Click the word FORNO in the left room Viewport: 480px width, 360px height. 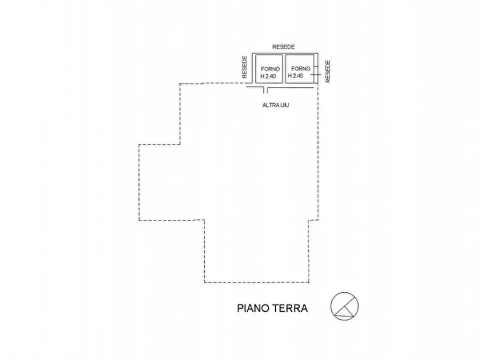coord(270,69)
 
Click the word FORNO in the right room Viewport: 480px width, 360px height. coord(300,69)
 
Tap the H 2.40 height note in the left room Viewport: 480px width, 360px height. coord(268,76)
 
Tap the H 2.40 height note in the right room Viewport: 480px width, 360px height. coord(296,76)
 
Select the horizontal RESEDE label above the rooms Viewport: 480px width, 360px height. coord(283,47)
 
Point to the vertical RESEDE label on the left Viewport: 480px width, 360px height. coord(244,67)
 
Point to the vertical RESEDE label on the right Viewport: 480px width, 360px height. coord(328,71)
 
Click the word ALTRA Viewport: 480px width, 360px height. coord(269,105)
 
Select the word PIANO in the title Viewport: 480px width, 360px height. coord(253,308)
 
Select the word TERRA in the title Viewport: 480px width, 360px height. coord(290,308)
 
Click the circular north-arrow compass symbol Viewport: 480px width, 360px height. coord(345,306)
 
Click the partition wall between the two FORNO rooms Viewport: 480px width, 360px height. coord(284,69)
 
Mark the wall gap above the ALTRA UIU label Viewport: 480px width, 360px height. coord(266,90)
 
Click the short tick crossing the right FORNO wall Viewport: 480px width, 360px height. coord(316,74)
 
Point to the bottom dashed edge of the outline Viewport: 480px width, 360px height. coord(256,282)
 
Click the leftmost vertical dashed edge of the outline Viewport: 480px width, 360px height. coord(139,182)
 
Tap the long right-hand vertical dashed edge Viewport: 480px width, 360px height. coord(318,152)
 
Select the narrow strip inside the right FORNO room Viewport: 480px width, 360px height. coord(316,69)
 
